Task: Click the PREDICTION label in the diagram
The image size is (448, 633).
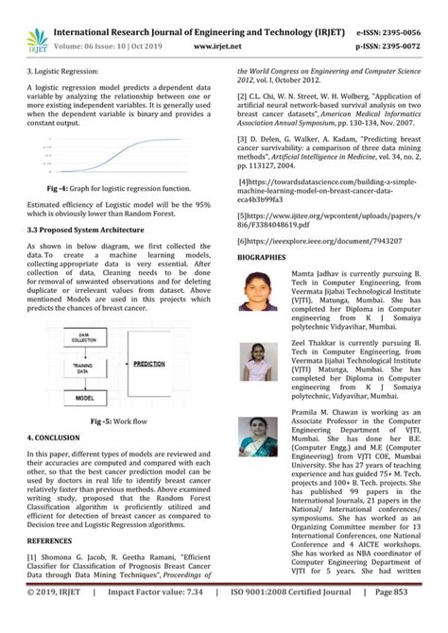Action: point(150,363)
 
